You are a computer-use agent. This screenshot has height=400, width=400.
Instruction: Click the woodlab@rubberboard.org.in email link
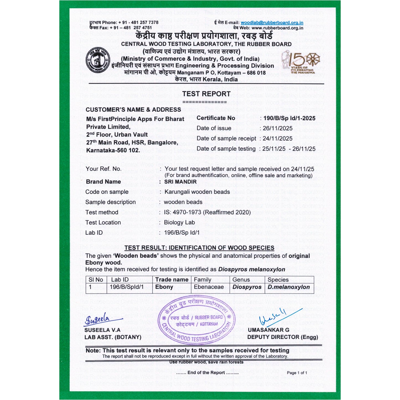click(272, 23)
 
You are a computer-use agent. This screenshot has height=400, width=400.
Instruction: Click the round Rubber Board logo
click(98, 61)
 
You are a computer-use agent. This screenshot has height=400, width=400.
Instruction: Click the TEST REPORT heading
click(206, 94)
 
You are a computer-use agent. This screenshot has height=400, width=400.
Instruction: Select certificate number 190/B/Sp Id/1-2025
click(289, 118)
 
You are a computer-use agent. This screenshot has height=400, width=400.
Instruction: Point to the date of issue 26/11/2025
click(278, 128)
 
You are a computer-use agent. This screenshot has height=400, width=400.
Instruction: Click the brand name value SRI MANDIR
click(180, 182)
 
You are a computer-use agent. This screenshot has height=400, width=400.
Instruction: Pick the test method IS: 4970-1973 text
click(207, 212)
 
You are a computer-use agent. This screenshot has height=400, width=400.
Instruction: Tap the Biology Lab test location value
click(179, 223)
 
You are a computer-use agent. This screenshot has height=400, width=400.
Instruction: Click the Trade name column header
click(172, 280)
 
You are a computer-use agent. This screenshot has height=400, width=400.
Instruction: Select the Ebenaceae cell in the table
click(209, 287)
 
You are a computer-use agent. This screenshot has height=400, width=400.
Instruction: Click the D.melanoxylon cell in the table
click(288, 287)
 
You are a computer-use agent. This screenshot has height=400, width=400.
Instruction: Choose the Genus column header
click(241, 280)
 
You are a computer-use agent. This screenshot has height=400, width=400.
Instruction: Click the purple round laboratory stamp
click(196, 319)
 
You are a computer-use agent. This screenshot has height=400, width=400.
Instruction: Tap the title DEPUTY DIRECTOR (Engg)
click(282, 337)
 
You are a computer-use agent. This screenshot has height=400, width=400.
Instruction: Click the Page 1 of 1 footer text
click(297, 373)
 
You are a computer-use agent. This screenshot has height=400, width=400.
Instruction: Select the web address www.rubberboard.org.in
click(277, 28)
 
